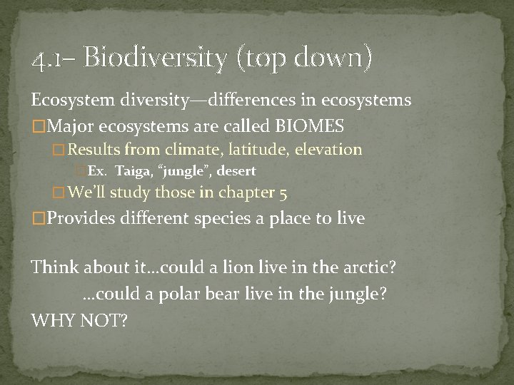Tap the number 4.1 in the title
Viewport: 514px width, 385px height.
tap(48, 59)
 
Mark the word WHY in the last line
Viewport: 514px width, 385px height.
tap(51, 321)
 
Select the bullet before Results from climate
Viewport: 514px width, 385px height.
tap(59, 150)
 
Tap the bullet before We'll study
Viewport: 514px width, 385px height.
tap(59, 192)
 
